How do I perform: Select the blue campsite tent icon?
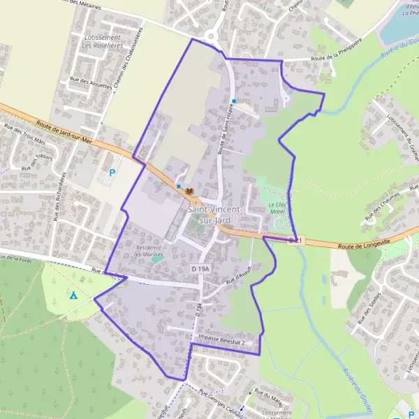pos(73,295)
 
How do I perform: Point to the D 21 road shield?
pos(295,241)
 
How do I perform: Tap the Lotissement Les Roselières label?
pos(102,41)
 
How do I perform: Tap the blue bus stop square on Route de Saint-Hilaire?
pos(234,101)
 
